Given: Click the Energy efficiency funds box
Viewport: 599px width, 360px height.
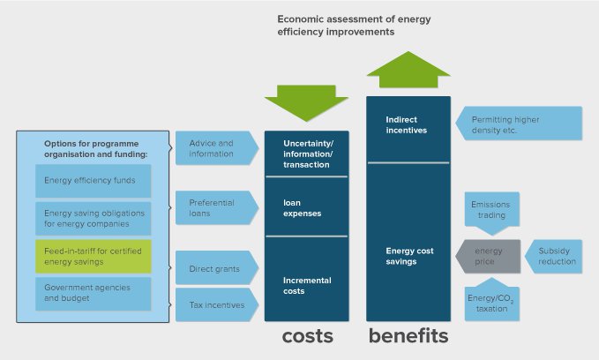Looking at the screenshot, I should [93, 181].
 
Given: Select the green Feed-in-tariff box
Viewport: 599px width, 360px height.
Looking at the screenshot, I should [93, 256].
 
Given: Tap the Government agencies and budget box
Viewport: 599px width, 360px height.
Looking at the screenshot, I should [93, 293].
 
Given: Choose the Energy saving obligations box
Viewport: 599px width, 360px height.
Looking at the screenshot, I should [93, 218].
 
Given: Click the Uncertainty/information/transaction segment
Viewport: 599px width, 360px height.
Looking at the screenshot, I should [306, 154].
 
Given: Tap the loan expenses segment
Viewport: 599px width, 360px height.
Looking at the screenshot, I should [306, 207].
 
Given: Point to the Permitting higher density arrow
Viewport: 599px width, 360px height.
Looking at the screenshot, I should [520, 124].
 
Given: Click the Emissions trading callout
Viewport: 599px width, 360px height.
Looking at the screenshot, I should [491, 211].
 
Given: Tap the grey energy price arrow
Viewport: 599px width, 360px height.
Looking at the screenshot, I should [487, 256].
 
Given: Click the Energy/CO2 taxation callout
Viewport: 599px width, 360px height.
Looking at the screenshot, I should [491, 303].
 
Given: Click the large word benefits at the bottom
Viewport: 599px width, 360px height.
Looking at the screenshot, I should [408, 336].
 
